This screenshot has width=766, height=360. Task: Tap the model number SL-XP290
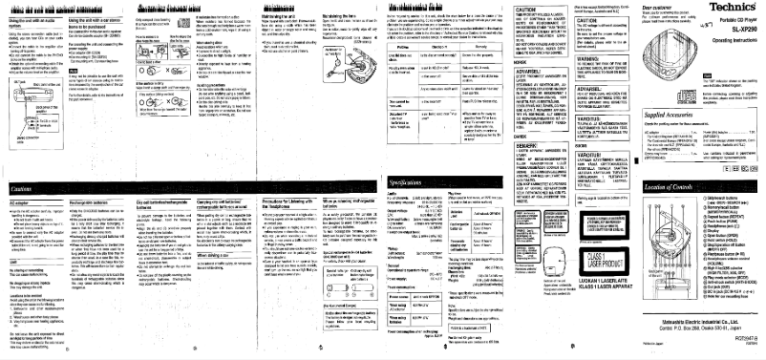tap(741, 32)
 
